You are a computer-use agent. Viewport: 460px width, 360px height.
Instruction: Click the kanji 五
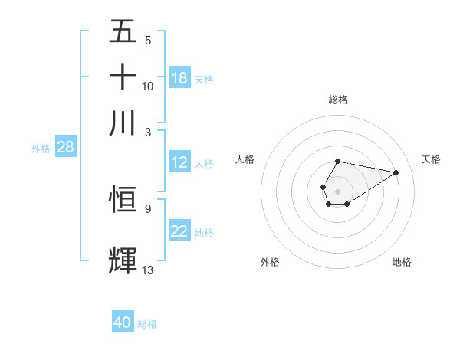pos(123,32)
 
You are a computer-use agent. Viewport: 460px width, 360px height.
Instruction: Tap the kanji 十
pos(123,77)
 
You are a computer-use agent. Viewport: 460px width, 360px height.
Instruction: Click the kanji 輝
pos(123,260)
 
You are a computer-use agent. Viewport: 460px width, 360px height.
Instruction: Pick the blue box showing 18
pos(179,78)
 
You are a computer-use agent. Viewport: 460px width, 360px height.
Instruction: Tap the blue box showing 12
pos(179,162)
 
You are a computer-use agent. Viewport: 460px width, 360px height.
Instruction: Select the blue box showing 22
pos(179,231)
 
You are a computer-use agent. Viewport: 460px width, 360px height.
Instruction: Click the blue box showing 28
pos(65,147)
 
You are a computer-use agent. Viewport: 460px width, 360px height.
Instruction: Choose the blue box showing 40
pos(123,322)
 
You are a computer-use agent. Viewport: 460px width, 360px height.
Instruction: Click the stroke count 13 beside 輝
pos(148,270)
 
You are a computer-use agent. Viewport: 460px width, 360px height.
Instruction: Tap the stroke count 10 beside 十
pos(148,87)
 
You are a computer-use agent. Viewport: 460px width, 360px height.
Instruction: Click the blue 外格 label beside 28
pos(41,149)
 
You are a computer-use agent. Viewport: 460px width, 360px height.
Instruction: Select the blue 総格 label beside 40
pos(148,324)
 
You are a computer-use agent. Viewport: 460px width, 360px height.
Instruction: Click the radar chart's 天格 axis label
pos(431,159)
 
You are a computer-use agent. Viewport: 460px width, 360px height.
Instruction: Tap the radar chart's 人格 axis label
pos(245,159)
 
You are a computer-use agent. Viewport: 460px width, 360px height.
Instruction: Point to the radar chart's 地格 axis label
pos(402,262)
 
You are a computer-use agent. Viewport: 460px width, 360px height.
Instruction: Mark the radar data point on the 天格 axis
pos(396,172)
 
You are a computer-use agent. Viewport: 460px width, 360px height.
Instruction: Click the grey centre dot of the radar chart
pos(337,190)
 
